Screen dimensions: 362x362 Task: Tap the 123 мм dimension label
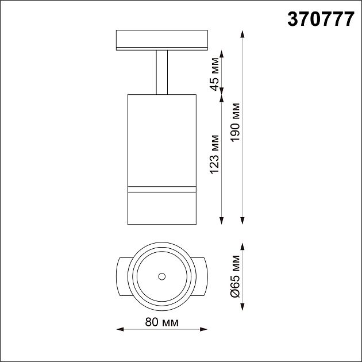point(215,155)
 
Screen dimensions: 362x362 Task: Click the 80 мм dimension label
point(161,322)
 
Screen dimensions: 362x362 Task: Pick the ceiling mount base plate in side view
point(161,40)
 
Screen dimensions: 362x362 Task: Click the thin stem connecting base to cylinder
point(161,72)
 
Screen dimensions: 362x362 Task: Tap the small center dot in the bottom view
point(161,276)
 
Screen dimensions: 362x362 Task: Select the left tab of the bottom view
point(122,276)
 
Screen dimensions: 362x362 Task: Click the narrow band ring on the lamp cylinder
point(161,188)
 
